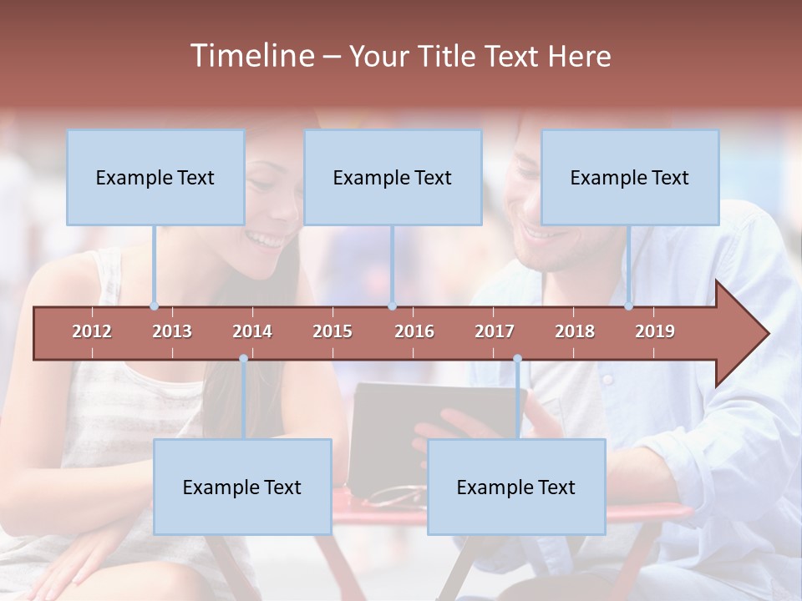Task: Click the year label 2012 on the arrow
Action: [92, 331]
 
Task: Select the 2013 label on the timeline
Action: [172, 331]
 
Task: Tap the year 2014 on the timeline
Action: [252, 331]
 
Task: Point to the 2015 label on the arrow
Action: [332, 331]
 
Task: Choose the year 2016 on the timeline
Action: [414, 331]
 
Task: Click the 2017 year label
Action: [495, 331]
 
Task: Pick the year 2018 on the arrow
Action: [575, 331]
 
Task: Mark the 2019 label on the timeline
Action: [655, 331]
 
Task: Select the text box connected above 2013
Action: [155, 177]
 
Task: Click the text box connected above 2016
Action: [393, 177]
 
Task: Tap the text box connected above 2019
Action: [630, 177]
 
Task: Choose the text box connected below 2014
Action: [242, 487]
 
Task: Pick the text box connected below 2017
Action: [516, 487]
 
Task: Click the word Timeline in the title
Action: [251, 56]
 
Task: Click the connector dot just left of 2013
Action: [154, 306]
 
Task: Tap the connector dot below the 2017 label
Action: [517, 359]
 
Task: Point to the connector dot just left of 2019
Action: [628, 306]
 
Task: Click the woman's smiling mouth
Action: [267, 240]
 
